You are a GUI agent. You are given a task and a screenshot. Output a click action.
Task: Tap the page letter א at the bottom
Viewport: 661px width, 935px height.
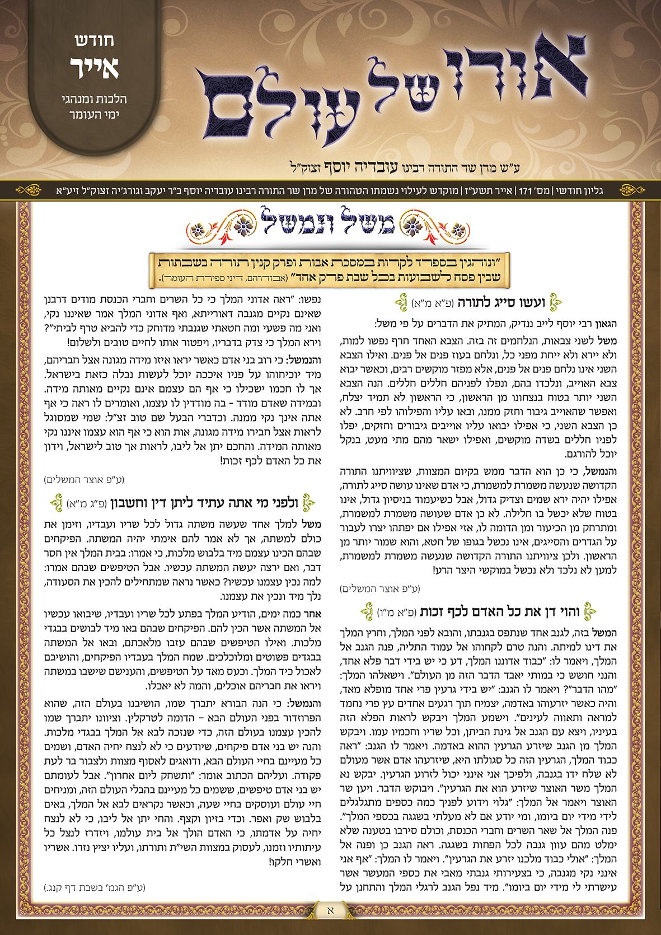330,911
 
